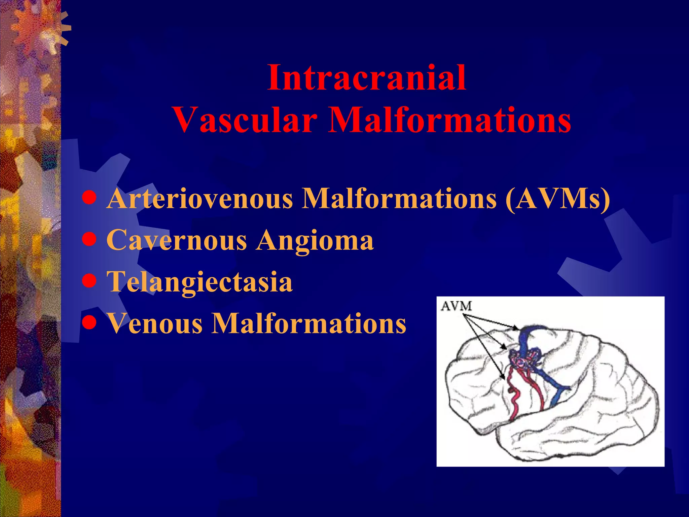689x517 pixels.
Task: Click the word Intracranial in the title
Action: pyautogui.click(x=367, y=78)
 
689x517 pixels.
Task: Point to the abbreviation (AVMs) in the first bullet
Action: pyautogui.click(x=557, y=199)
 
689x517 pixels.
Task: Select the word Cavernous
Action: pyautogui.click(x=177, y=240)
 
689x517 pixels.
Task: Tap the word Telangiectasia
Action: pyautogui.click(x=200, y=282)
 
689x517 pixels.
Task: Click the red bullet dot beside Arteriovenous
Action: pyautogui.click(x=89, y=198)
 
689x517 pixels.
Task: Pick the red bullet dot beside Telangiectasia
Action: pyautogui.click(x=89, y=281)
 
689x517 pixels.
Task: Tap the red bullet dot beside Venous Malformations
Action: pyautogui.click(x=89, y=323)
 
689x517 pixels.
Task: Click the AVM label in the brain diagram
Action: pyautogui.click(x=456, y=306)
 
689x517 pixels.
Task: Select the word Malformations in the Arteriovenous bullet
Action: pyautogui.click(x=399, y=199)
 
